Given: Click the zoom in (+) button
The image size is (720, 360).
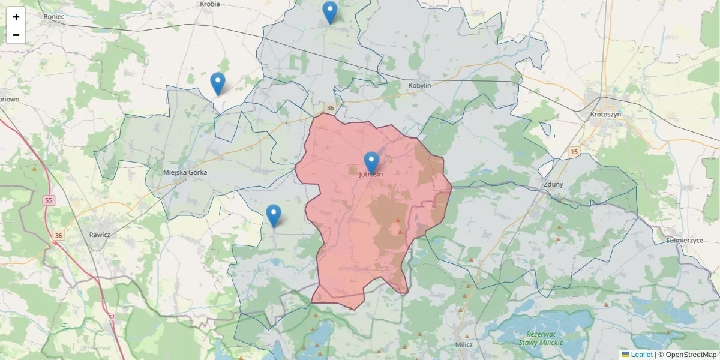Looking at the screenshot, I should tap(16, 17).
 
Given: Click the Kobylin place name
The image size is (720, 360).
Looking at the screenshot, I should tap(420, 85).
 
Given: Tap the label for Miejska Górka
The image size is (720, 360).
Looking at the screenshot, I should tap(185, 172).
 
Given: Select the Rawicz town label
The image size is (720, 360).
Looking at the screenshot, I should tap(99, 235).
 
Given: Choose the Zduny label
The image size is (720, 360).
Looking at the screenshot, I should tap(553, 184).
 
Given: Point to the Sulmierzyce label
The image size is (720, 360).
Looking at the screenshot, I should tap(684, 240).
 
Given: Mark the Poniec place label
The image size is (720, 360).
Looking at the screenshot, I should tap(54, 16).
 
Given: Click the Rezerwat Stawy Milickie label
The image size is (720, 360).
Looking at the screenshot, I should tap(541, 338).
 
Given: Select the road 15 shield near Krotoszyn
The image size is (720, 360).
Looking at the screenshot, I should tap(575, 152).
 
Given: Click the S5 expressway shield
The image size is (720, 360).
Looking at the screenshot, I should tap(49, 200).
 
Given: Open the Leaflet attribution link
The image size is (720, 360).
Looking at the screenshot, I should tap(641, 355).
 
